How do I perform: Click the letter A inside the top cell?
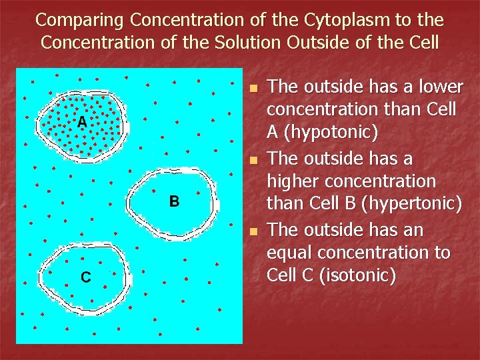tap(81, 122)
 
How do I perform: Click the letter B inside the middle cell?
tap(173, 201)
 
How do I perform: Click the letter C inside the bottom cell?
tap(86, 277)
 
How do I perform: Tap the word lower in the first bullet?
tap(440, 87)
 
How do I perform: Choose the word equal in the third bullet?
tap(287, 253)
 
